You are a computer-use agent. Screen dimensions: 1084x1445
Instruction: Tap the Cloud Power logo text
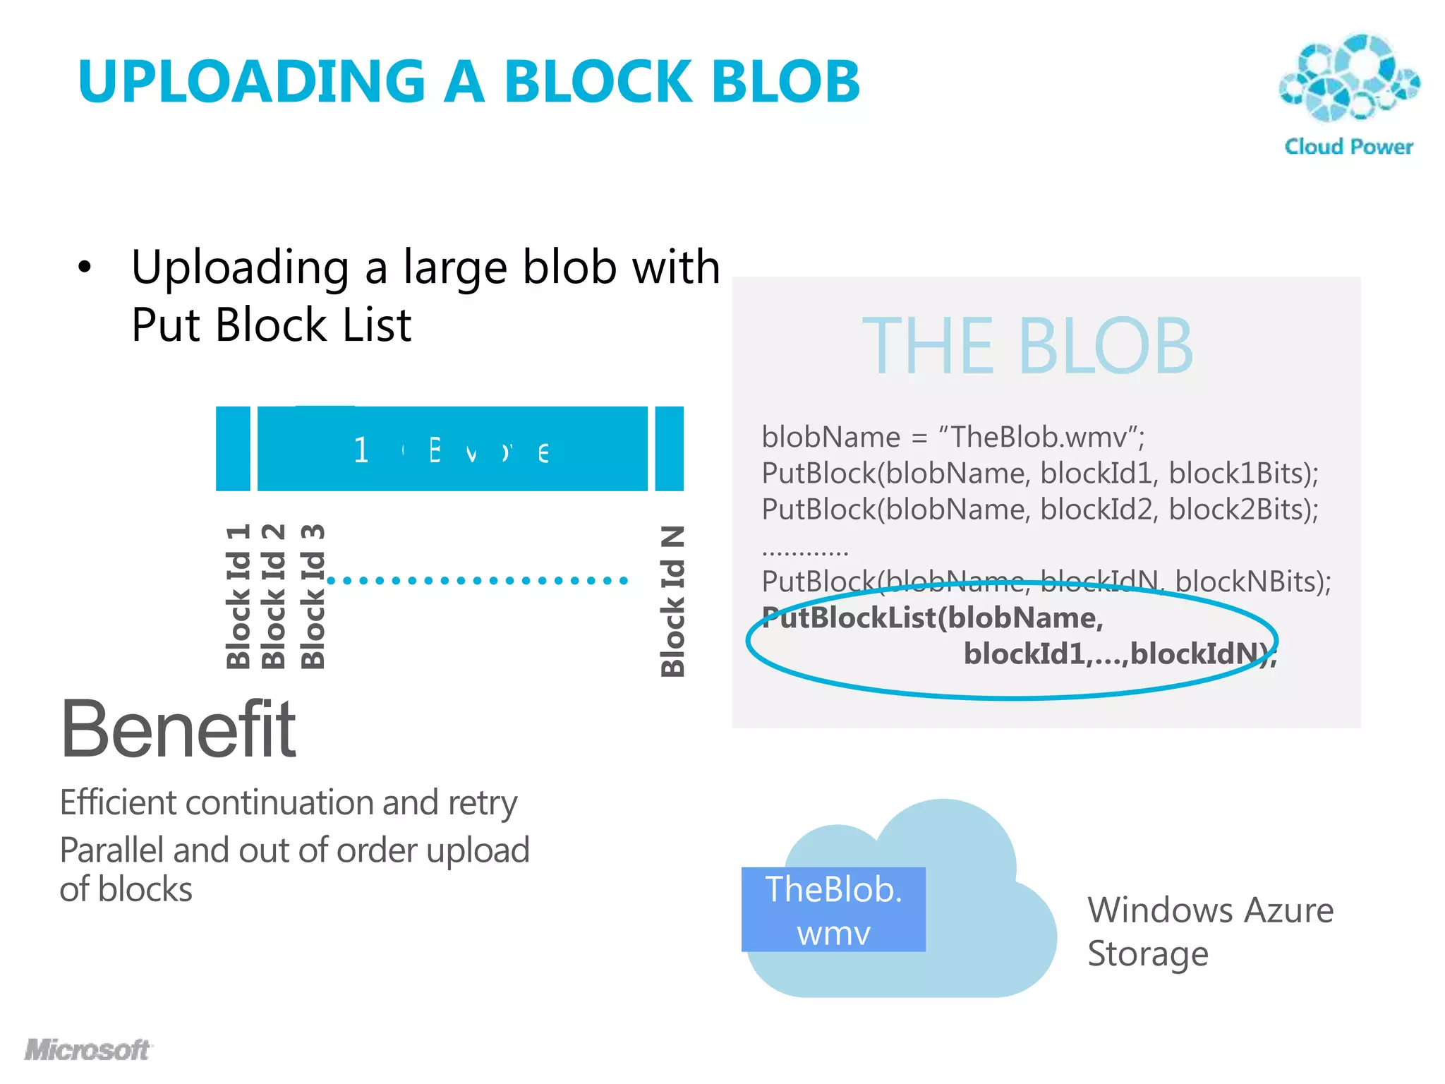click(x=1348, y=147)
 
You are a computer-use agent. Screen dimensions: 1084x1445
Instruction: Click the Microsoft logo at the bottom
click(x=87, y=1049)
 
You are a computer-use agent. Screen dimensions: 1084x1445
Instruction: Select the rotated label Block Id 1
click(x=238, y=597)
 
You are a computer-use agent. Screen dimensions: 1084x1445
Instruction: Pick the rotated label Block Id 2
click(x=274, y=597)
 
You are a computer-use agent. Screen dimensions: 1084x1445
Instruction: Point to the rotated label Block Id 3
click(x=313, y=597)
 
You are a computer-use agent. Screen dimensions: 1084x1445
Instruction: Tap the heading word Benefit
click(x=178, y=730)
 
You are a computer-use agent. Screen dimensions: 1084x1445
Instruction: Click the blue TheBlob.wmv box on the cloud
click(x=833, y=910)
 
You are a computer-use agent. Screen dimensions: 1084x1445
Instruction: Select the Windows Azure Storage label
click(x=1210, y=932)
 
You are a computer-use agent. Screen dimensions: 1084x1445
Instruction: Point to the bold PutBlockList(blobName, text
click(x=933, y=618)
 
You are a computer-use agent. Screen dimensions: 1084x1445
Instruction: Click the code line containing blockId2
click(x=1040, y=510)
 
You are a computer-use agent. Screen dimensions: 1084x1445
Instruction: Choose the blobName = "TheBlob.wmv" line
click(x=953, y=438)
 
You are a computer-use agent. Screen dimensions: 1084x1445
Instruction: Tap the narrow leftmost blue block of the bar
click(x=233, y=449)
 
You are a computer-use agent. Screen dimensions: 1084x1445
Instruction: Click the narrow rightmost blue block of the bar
click(x=669, y=449)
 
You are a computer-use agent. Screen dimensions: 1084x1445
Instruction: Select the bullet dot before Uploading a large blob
click(x=85, y=268)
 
